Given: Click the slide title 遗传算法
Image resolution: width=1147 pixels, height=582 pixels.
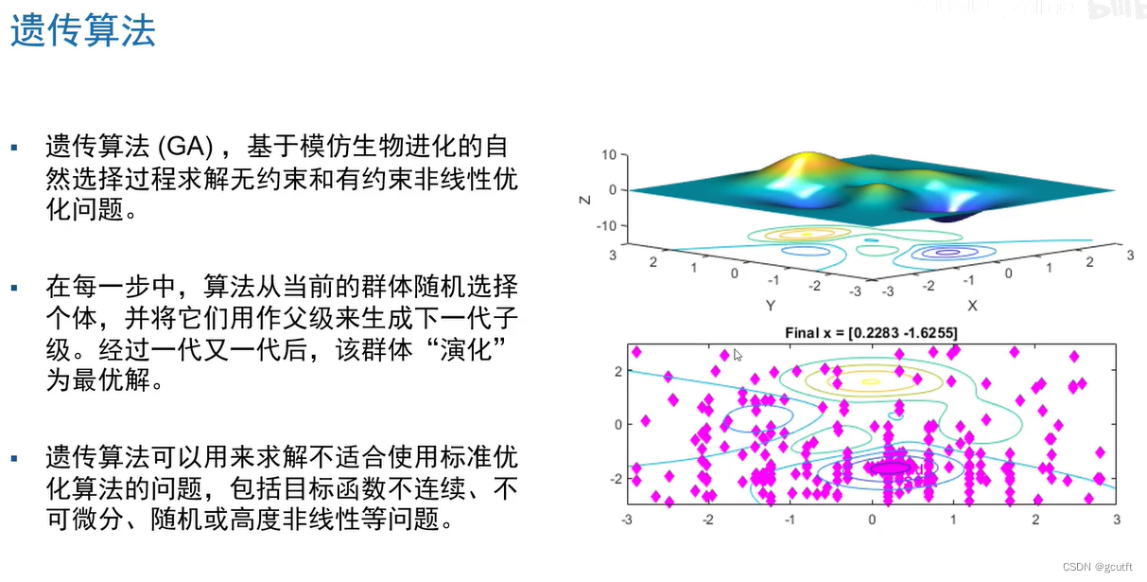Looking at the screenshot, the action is [83, 30].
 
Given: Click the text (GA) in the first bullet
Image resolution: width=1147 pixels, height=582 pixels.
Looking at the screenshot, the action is [185, 147].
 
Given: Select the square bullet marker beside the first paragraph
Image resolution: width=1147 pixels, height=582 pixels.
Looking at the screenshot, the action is [14, 148].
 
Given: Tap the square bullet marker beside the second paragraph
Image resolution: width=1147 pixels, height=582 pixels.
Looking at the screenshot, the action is [14, 288].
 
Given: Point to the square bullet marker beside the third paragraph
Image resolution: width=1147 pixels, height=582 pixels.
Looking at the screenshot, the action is [14, 459].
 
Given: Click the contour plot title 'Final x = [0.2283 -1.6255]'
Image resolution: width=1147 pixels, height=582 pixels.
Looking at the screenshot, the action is [871, 333].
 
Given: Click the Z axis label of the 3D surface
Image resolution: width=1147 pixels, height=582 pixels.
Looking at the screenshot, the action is [584, 200].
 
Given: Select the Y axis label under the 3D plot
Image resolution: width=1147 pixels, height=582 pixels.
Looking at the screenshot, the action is [771, 306].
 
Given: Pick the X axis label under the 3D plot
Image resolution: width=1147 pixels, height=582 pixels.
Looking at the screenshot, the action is [972, 306].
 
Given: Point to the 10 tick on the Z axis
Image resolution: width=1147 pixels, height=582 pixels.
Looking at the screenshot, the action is [609, 154].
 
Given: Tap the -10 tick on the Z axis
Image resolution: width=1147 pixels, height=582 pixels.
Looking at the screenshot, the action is [606, 226].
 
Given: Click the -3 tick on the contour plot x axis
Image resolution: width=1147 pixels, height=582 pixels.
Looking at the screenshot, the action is [627, 520].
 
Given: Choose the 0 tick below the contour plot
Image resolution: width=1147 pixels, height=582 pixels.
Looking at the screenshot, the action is [872, 520].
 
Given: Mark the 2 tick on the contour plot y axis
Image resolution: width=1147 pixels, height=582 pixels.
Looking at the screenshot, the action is [618, 371].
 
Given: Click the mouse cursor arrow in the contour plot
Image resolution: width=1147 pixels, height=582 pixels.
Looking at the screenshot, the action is [738, 355].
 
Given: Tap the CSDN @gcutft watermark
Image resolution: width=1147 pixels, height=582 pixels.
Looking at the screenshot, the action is [1097, 567].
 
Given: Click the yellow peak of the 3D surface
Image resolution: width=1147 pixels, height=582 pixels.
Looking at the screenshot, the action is [808, 158].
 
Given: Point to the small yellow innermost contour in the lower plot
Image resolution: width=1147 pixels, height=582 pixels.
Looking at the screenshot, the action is [871, 381].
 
